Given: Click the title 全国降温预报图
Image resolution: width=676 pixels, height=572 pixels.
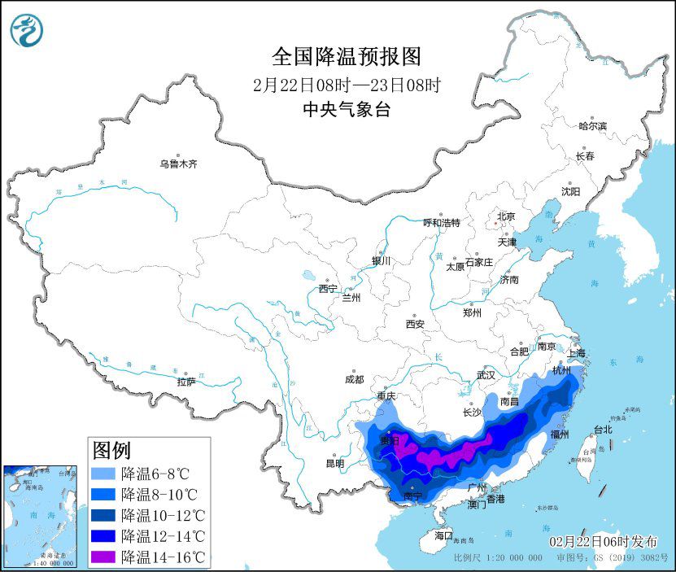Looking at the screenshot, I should click(347, 56).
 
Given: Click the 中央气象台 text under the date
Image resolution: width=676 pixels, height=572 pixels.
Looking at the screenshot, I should click(347, 110).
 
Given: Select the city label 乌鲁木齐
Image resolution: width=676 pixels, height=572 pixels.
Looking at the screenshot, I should click(178, 164).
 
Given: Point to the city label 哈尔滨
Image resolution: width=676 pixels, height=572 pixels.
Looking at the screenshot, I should click(592, 126).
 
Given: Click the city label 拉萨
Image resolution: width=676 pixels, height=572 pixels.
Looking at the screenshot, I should click(186, 382).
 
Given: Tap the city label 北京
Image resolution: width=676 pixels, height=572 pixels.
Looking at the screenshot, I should click(506, 216).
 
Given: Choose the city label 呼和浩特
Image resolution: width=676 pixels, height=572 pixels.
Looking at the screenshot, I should click(442, 222).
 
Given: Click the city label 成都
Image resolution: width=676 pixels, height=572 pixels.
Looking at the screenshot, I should click(355, 379).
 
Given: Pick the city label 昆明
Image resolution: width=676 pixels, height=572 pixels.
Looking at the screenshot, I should click(334, 463).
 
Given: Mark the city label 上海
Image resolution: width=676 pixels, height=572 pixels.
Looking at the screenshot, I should click(576, 353).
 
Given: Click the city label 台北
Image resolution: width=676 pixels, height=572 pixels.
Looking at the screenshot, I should click(602, 429).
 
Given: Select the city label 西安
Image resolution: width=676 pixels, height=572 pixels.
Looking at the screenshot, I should click(415, 324).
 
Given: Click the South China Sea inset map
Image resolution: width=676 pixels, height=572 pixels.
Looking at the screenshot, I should click(41, 516).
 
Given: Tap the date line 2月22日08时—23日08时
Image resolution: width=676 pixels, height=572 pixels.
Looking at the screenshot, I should click(347, 84).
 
